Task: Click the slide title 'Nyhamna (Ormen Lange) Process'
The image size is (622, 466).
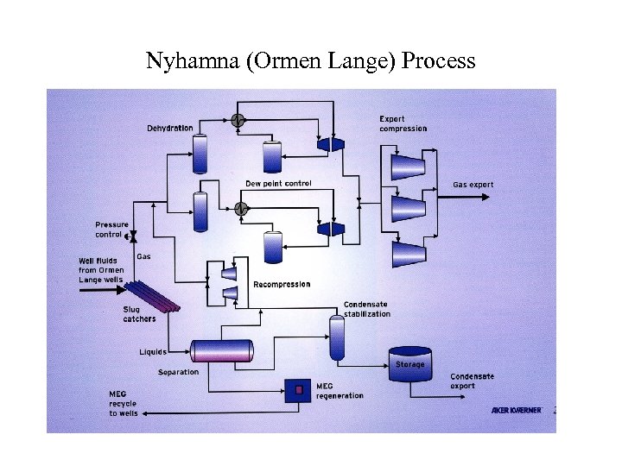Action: (x=310, y=61)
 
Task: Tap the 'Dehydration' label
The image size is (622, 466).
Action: (x=170, y=128)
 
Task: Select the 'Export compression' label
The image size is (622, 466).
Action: (x=403, y=123)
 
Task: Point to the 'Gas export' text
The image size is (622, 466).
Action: (x=473, y=185)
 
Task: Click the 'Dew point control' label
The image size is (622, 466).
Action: (x=278, y=183)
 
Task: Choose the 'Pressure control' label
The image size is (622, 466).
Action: (x=111, y=230)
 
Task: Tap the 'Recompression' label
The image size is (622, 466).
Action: (x=282, y=284)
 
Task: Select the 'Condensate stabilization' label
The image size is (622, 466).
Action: (x=367, y=309)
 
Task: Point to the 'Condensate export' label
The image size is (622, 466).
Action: (x=474, y=381)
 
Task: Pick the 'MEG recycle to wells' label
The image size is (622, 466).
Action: (x=124, y=404)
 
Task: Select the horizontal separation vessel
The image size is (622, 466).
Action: (x=222, y=350)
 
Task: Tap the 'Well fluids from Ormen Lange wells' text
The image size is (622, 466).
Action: (x=102, y=270)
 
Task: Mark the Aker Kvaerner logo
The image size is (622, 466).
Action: (x=516, y=410)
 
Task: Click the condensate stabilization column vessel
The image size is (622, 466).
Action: (x=337, y=337)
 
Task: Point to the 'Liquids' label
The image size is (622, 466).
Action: (x=153, y=351)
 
